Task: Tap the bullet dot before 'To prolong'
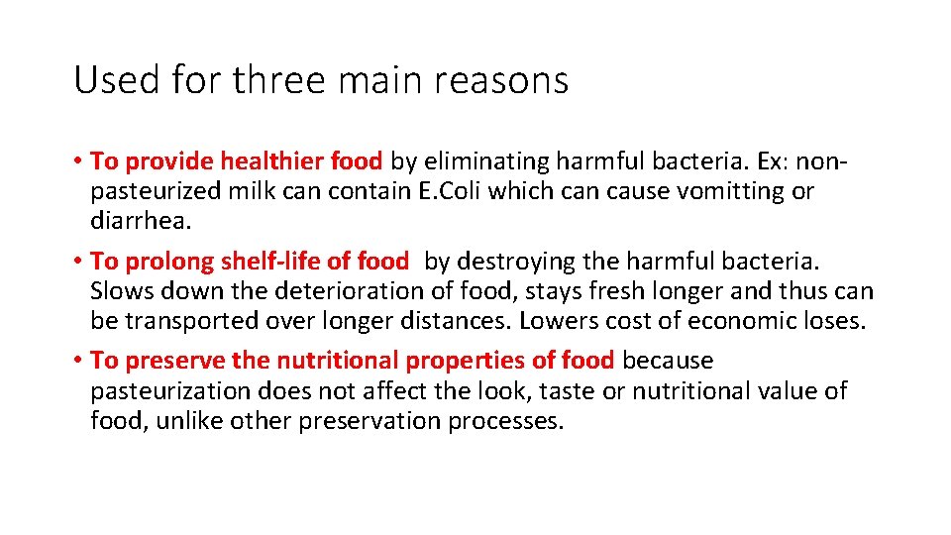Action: click(x=77, y=262)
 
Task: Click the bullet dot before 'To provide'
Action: click(x=77, y=160)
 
